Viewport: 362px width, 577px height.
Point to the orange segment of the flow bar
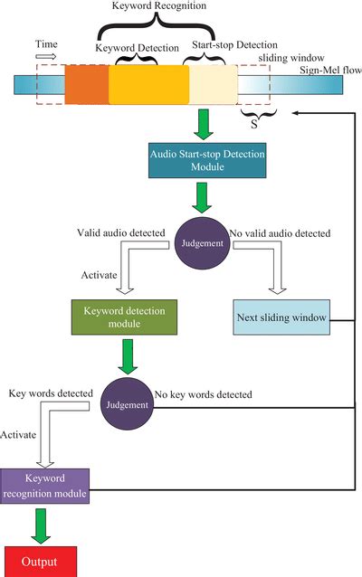pos(87,85)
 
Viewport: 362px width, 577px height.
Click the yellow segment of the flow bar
pos(148,85)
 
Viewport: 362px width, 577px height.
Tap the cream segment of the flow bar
pos(212,85)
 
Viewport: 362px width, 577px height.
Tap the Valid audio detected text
pos(121,232)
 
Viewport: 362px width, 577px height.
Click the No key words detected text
pos(203,394)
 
